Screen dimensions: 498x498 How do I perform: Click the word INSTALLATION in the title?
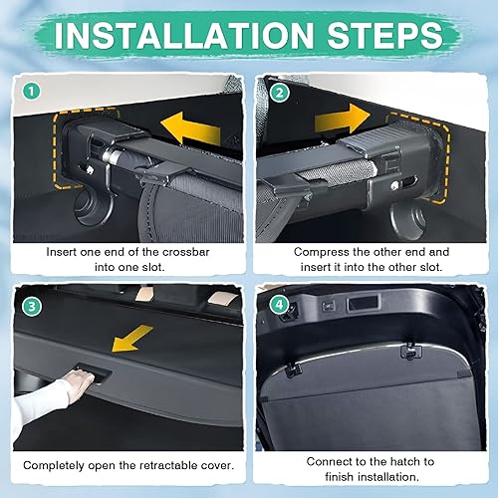click(x=184, y=36)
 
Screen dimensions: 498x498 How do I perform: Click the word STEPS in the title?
click(x=385, y=36)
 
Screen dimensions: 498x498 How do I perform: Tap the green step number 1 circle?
click(x=32, y=92)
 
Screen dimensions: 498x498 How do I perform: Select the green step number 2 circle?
click(x=280, y=93)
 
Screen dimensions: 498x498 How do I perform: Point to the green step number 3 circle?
click(x=32, y=306)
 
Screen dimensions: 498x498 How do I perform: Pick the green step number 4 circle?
click(x=279, y=305)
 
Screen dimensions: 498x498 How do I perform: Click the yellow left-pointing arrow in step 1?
click(x=190, y=128)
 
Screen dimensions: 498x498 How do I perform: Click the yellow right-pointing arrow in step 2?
click(x=342, y=119)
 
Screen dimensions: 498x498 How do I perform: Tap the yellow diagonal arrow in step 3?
click(x=131, y=339)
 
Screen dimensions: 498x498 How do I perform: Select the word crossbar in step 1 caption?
click(x=186, y=252)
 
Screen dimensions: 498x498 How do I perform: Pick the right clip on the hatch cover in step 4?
click(x=411, y=351)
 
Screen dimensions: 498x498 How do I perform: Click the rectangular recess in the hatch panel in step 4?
click(x=363, y=304)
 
